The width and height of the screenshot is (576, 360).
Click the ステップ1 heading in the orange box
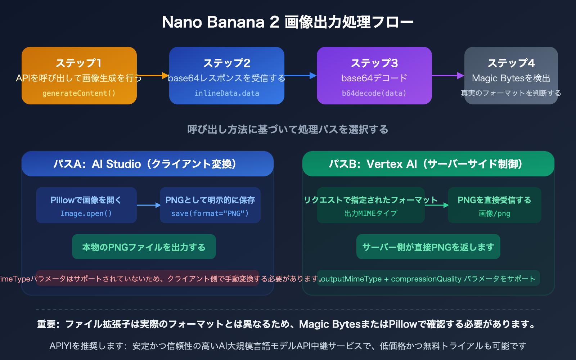coord(79,63)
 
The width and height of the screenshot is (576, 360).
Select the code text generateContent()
coord(79,93)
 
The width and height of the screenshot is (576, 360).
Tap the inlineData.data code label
coord(227,93)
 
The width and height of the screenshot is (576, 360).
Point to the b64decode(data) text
coord(374,93)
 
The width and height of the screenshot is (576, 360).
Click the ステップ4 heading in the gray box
coord(511,63)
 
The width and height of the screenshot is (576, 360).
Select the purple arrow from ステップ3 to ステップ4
coord(447,76)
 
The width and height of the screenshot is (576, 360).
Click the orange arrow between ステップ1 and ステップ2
coord(153,76)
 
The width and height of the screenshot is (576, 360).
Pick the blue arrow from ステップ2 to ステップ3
coord(300,76)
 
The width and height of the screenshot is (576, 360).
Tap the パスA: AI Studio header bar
coord(148,164)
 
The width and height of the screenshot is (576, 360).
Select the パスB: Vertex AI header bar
coord(428,164)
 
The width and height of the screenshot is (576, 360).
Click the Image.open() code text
coord(86,213)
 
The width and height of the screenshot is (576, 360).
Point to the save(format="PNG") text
coord(210,213)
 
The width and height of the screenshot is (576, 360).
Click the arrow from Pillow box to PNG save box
coord(148,205)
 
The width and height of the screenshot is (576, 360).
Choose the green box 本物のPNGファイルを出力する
coord(144,247)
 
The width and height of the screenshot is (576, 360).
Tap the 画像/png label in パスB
coord(494,213)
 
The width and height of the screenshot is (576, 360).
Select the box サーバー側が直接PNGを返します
coord(428,247)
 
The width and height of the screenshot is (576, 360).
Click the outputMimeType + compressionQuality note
coord(428,279)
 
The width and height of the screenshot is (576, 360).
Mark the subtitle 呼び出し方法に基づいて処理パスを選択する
coord(288,129)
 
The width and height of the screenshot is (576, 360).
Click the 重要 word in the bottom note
coord(46,324)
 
